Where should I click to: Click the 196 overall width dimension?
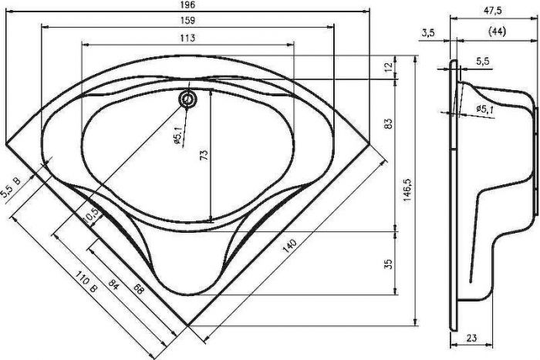pyautogui.click(x=187, y=5)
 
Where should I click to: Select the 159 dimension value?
pyautogui.click(x=187, y=20)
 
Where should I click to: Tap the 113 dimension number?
pyautogui.click(x=187, y=38)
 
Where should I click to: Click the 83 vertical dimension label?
pyautogui.click(x=389, y=124)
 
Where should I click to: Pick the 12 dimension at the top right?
pyautogui.click(x=389, y=66)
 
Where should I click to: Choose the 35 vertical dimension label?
pyautogui.click(x=389, y=264)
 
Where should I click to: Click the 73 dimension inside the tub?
pyautogui.click(x=204, y=154)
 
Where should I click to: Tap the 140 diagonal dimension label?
pyautogui.click(x=289, y=245)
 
